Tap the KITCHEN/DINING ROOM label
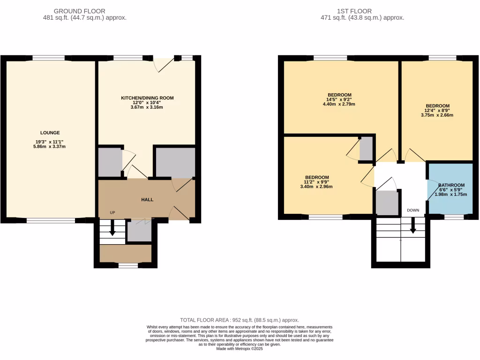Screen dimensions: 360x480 pos(147,98)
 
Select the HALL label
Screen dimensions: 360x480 pos(147,200)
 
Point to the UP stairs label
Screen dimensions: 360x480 pos(112,213)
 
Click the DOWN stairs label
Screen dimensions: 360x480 pos(413,210)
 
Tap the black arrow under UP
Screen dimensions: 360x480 pos(112,229)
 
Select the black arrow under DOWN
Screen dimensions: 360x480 pos(413,227)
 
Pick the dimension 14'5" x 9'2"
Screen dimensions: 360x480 pos(340,99)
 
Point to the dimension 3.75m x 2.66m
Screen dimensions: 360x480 pos(437,115)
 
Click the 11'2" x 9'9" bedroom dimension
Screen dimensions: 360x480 pos(321,182)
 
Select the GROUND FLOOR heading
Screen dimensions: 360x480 pos(79,11)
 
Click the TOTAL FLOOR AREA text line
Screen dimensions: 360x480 pos(240,320)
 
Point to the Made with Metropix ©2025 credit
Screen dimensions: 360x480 pos(240,348)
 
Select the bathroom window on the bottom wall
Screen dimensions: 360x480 pos(453,217)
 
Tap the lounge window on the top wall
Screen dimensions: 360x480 pos(49,58)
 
